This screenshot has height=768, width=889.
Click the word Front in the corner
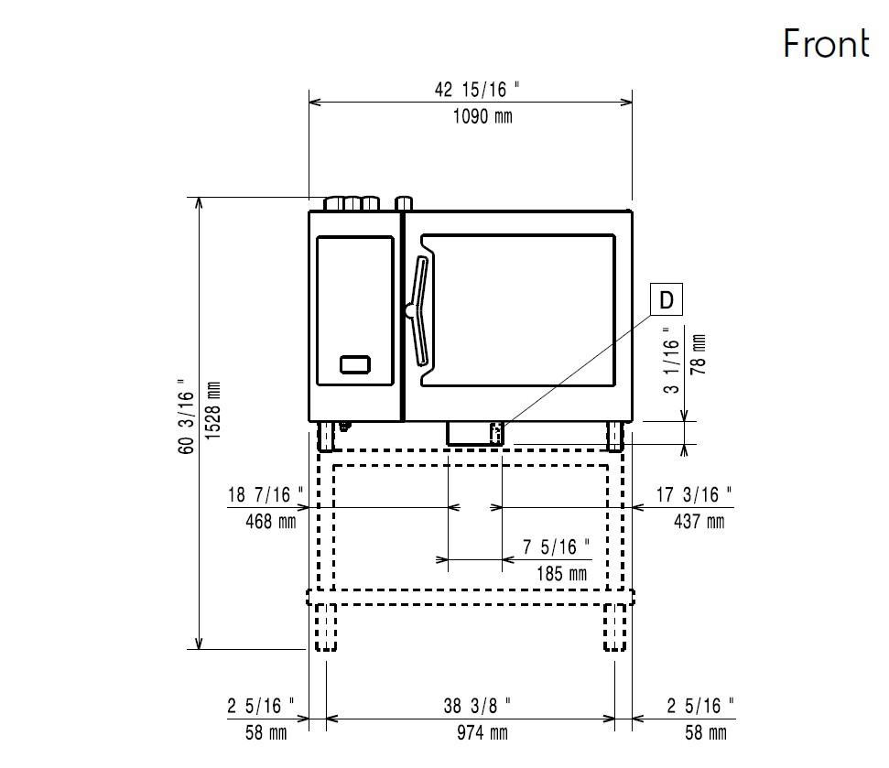tap(825, 43)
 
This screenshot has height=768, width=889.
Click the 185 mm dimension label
tap(559, 574)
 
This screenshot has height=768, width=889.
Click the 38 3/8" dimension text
tap(478, 706)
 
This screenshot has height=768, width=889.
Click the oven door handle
tap(421, 309)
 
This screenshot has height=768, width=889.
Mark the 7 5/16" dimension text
tap(557, 547)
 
